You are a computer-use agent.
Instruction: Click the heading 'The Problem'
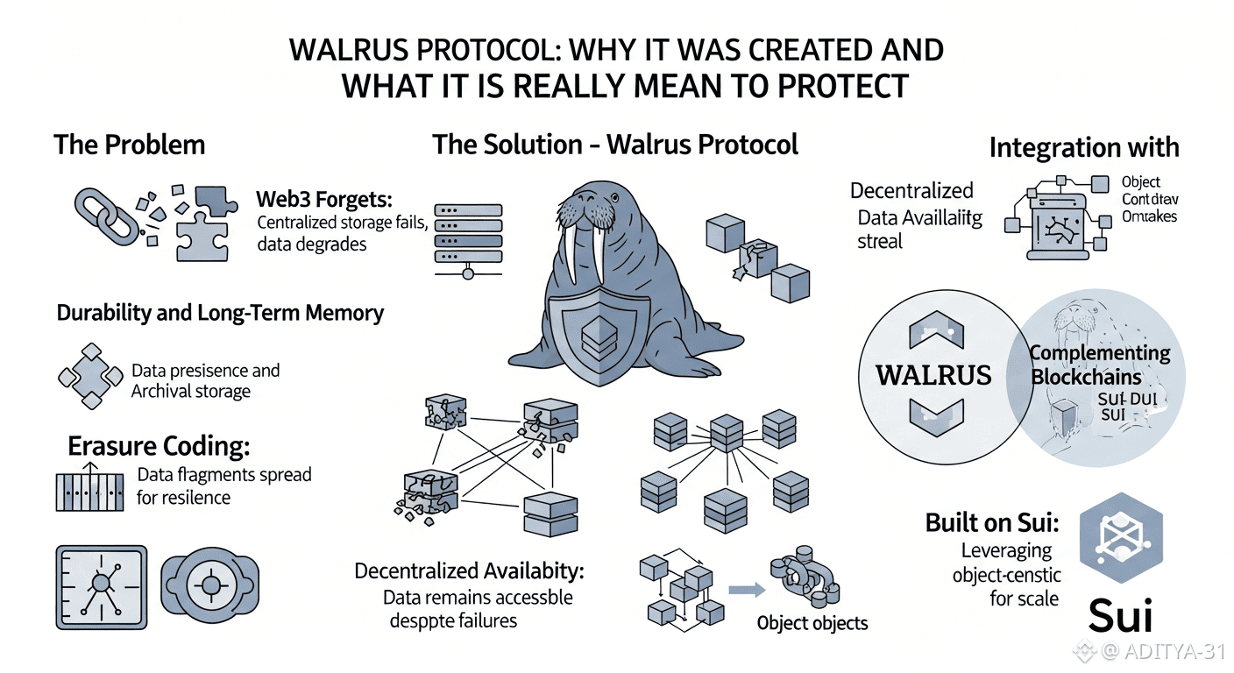coord(129,145)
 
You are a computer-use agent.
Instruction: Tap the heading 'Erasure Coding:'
coord(159,446)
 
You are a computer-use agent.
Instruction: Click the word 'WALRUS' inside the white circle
coord(934,375)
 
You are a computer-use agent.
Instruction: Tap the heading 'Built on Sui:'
coord(992,524)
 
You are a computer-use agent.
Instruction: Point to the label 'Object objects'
coord(812,623)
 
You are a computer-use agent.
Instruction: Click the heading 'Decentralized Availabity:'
coord(469,571)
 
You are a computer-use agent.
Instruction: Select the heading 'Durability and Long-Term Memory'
coord(220,313)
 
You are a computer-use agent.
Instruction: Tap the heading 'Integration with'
coord(1084,147)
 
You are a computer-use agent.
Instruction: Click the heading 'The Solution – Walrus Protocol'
coord(615,145)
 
